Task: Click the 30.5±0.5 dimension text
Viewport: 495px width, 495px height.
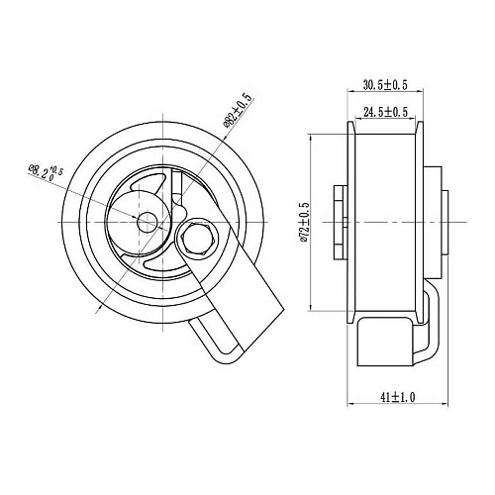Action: (x=385, y=85)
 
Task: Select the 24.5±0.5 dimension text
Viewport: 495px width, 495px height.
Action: (x=385, y=112)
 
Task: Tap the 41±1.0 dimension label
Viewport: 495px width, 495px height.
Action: (x=397, y=397)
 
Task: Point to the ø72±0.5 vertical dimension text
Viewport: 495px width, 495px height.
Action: (x=304, y=223)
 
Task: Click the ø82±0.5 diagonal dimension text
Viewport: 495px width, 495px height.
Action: (x=237, y=111)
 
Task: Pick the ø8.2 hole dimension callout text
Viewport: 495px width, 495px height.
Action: (x=47, y=172)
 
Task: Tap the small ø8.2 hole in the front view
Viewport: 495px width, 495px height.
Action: (x=147, y=222)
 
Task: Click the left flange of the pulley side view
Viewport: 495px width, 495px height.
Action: (x=350, y=222)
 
